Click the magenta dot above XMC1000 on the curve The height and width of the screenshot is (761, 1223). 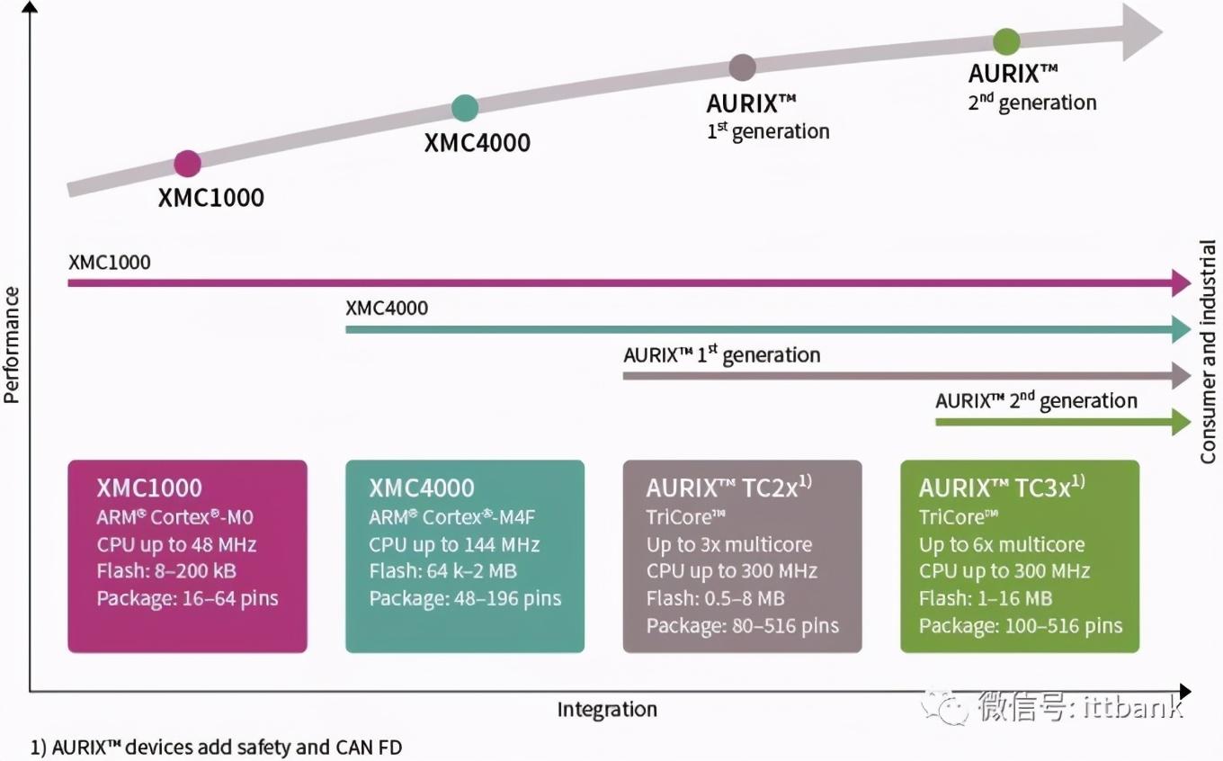click(187, 164)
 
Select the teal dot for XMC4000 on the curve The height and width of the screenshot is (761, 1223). click(464, 108)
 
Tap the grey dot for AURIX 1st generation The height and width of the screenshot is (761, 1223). click(742, 67)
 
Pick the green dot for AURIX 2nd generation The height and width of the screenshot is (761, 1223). click(1006, 41)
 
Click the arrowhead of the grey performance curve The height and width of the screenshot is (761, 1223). click(1140, 31)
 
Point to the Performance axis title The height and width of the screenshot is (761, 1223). click(12, 345)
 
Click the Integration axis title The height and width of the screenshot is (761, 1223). click(607, 710)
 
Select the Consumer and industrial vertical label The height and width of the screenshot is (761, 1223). click(1208, 352)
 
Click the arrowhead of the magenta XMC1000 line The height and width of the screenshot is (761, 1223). click(1182, 282)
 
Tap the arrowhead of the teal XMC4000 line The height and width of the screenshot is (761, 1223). click(1182, 329)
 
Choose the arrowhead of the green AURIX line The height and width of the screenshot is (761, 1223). click(1182, 421)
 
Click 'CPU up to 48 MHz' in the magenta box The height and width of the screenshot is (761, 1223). click(176, 545)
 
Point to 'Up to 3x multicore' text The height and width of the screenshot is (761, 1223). click(728, 545)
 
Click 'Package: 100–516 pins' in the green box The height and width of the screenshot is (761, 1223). click(1021, 626)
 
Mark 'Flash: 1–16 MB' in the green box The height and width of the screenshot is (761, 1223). click(985, 599)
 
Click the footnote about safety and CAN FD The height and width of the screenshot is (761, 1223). click(216, 747)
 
